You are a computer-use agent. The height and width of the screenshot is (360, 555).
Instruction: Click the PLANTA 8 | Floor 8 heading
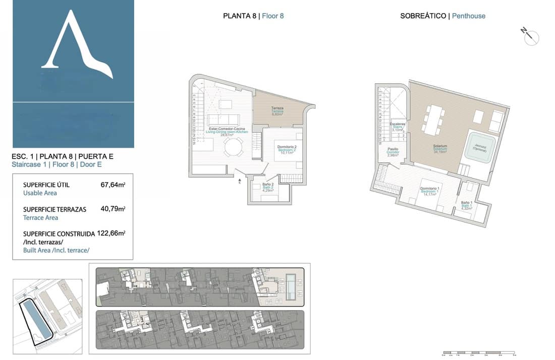pyautogui.click(x=253, y=16)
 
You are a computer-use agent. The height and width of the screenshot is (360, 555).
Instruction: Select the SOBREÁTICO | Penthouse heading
pyautogui.click(x=442, y=16)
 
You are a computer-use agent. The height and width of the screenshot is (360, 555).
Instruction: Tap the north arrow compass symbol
pyautogui.click(x=531, y=37)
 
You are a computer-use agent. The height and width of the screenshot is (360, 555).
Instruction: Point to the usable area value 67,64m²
pyautogui.click(x=113, y=185)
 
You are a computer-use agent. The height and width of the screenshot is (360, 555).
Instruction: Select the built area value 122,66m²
pyautogui.click(x=110, y=233)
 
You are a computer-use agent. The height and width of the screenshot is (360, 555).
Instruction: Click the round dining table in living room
pyautogui.click(x=233, y=148)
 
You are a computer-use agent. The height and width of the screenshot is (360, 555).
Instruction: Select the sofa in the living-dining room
pyautogui.click(x=223, y=120)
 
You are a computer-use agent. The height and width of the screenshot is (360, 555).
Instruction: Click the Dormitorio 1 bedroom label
pyautogui.click(x=430, y=190)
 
